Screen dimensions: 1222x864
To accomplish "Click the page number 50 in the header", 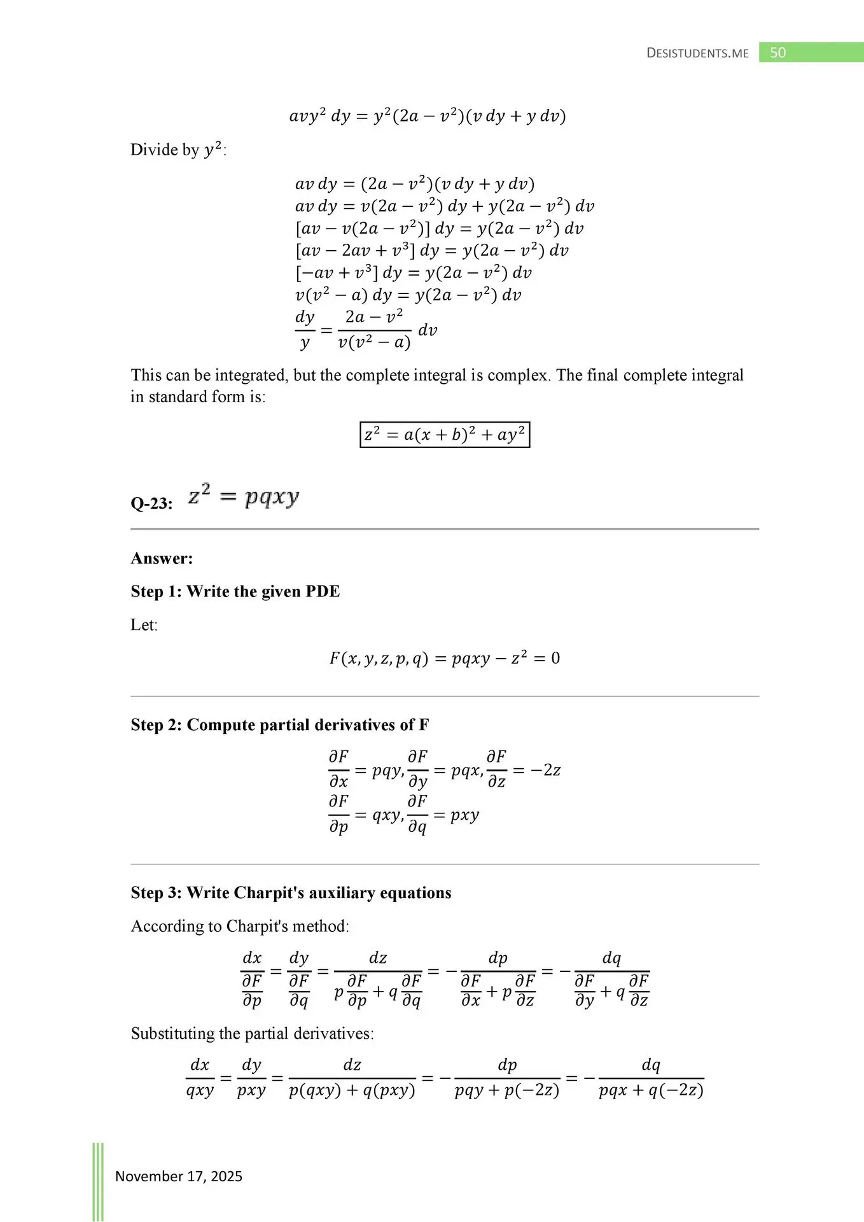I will coord(777,53).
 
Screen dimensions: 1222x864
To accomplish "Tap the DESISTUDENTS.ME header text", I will coord(697,53).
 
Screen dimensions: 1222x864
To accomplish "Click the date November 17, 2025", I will coord(179,1176).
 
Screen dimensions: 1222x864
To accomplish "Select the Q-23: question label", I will coord(151,503).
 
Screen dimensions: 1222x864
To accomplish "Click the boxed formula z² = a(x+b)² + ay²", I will coord(444,435).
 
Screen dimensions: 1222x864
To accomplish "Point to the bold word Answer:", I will coord(162,558).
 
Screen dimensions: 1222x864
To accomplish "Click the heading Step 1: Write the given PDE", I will coord(235,591).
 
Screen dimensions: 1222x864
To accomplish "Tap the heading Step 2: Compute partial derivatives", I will coord(279,725).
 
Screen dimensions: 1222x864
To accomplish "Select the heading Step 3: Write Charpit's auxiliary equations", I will coord(291,892).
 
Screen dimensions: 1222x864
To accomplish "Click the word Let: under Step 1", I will coord(144,625).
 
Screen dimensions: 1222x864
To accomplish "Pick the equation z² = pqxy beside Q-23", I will coord(243,496).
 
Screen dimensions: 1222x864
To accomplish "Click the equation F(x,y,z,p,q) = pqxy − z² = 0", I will coord(444,658).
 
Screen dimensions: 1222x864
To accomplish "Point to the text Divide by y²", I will coord(178,150).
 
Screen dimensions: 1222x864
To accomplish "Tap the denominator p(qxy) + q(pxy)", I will coord(352,1091).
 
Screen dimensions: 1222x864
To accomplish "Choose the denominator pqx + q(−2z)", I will coord(651,1091).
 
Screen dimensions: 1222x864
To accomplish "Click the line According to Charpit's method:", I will coord(240,926).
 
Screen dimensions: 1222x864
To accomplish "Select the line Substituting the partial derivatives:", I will coord(252,1033).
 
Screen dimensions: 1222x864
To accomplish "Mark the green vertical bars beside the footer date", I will coord(98,1181).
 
